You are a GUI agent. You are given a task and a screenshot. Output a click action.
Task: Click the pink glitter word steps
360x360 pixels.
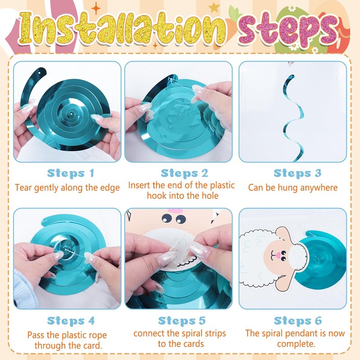(288, 30)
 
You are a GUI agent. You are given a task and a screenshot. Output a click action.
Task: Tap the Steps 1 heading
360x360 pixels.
(71, 173)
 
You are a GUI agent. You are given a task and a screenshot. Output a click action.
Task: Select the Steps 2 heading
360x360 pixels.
(184, 173)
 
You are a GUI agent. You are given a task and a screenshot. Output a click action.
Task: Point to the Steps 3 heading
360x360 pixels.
(297, 173)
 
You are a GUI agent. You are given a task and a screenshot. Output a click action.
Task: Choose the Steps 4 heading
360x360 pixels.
(71, 321)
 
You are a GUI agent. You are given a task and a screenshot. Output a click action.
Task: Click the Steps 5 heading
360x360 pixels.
(182, 321)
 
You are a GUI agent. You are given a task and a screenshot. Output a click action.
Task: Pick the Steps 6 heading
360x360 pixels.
(298, 321)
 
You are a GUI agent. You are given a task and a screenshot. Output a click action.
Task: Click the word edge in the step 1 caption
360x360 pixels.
(110, 188)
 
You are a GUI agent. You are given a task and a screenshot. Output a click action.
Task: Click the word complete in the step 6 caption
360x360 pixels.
(296, 344)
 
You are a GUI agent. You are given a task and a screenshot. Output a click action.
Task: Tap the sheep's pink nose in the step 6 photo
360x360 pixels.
(278, 255)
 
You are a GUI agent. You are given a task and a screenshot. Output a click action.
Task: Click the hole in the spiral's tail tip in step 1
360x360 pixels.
(40, 73)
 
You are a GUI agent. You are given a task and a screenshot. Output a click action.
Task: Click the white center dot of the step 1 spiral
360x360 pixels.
(72, 114)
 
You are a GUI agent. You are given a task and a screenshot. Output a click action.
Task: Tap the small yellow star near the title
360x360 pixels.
(214, 7)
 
